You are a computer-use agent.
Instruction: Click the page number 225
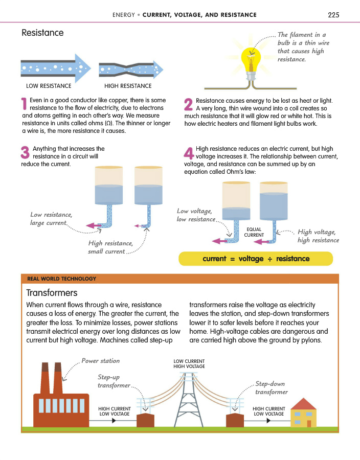point(333,14)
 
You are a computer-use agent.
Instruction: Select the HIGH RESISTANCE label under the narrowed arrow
point(128,86)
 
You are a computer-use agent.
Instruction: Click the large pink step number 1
point(25,104)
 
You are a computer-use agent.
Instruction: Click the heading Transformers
point(52,293)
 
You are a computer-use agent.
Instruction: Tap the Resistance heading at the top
point(42,33)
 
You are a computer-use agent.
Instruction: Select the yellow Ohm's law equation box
point(256,259)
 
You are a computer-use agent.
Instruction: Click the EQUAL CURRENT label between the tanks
point(254,232)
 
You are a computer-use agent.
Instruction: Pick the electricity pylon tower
point(189,399)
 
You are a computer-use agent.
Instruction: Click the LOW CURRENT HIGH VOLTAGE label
point(189,363)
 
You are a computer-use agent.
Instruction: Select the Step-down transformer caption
point(271,388)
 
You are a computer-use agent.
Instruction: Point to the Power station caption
point(100,361)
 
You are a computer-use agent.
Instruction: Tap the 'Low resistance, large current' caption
point(51,219)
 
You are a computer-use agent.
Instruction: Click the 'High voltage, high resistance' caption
point(318,236)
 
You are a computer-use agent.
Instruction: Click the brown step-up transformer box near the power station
point(146,420)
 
